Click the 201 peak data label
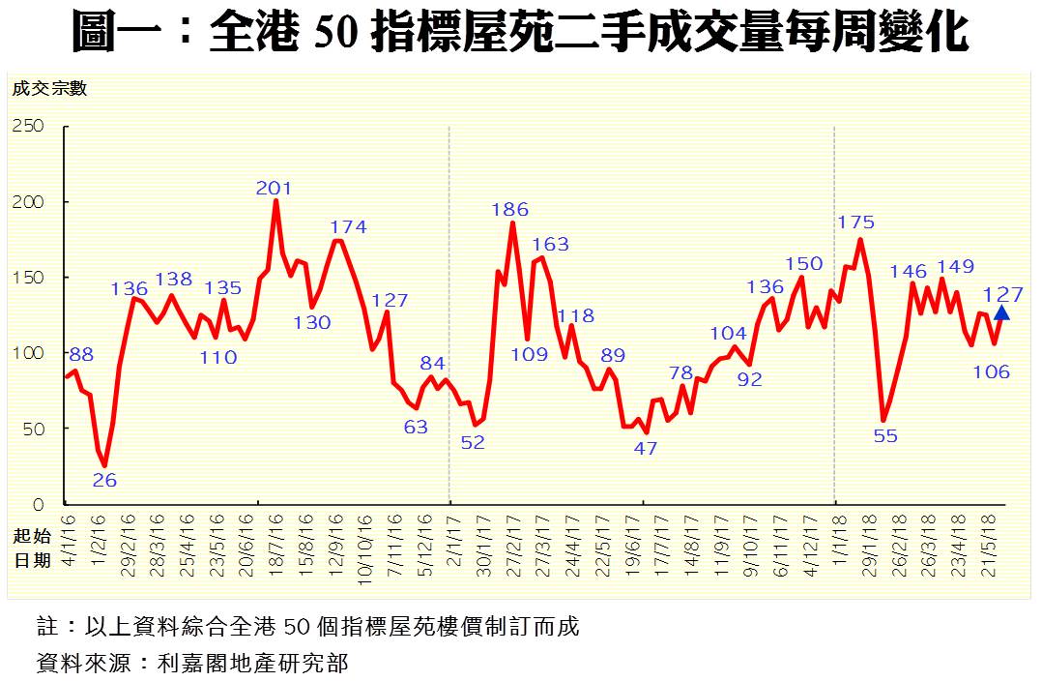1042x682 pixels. (x=274, y=189)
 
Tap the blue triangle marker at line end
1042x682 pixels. (x=1000, y=312)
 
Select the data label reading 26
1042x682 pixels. (x=105, y=480)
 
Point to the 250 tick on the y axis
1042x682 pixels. (x=27, y=127)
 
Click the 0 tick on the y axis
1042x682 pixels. (x=38, y=504)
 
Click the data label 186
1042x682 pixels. (x=510, y=209)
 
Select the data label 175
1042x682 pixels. (x=856, y=222)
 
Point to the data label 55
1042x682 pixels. (x=885, y=435)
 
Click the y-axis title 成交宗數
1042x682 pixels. (x=49, y=89)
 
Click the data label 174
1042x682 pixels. (x=348, y=227)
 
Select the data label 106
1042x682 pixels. (x=991, y=371)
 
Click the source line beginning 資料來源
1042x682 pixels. (x=191, y=663)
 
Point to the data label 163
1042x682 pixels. (x=551, y=245)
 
